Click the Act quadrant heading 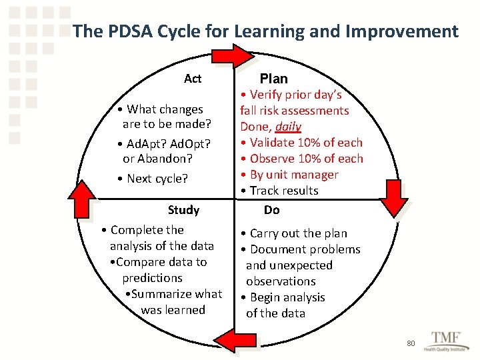[x=193, y=79]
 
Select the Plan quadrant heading [x=273, y=79]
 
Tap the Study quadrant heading [x=184, y=210]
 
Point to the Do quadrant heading [x=272, y=210]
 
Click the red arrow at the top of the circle [x=234, y=55]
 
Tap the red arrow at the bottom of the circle [x=234, y=342]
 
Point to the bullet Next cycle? [x=153, y=179]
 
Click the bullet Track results [x=280, y=191]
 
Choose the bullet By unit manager [x=290, y=175]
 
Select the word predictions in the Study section [x=152, y=278]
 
